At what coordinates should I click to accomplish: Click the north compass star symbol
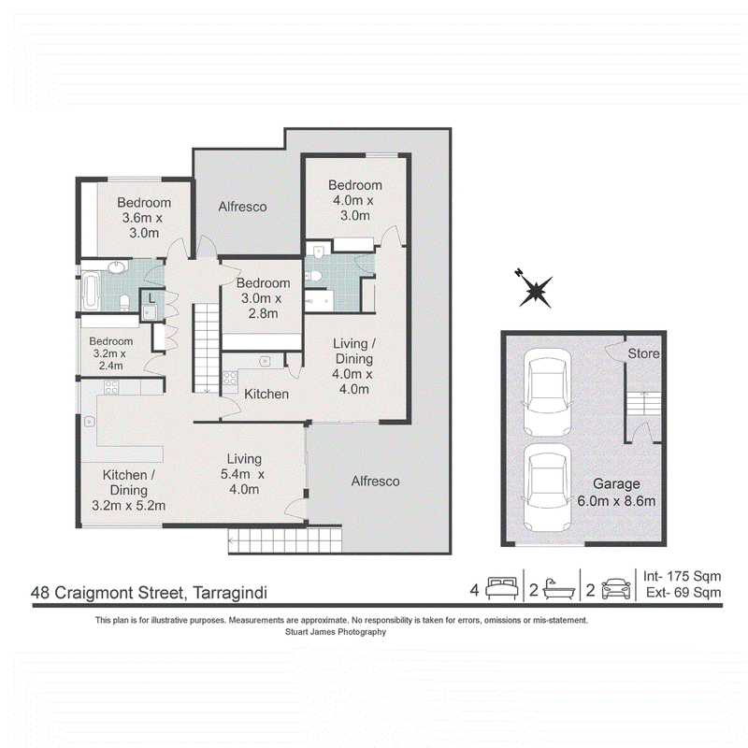coord(535,289)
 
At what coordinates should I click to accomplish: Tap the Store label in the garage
coord(643,353)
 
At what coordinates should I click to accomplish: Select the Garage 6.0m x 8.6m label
coord(616,493)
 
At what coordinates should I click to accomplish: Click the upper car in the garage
coord(547,393)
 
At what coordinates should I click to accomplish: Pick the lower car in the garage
coord(547,488)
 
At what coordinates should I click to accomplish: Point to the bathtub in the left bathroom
coord(91,291)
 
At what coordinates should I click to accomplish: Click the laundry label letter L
coord(151,299)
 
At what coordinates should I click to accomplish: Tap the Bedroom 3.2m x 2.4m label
coord(110,353)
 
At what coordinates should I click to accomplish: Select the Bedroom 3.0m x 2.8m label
coord(263,298)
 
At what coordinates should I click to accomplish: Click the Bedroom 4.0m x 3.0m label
coord(355,200)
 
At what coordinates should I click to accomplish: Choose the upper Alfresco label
coord(242,207)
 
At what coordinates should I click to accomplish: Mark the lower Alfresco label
coord(376,481)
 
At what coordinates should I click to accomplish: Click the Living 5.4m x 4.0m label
coord(243,474)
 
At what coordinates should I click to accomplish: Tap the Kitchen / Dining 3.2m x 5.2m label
coord(128,490)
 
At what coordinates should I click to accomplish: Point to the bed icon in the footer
coord(502,588)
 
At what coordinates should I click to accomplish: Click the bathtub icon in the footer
coord(558,589)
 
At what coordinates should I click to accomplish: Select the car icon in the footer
coord(616,589)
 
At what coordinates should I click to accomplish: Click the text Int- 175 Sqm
coord(682,576)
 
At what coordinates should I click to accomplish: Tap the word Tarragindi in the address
coord(229,593)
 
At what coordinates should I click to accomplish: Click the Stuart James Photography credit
coord(336,632)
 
